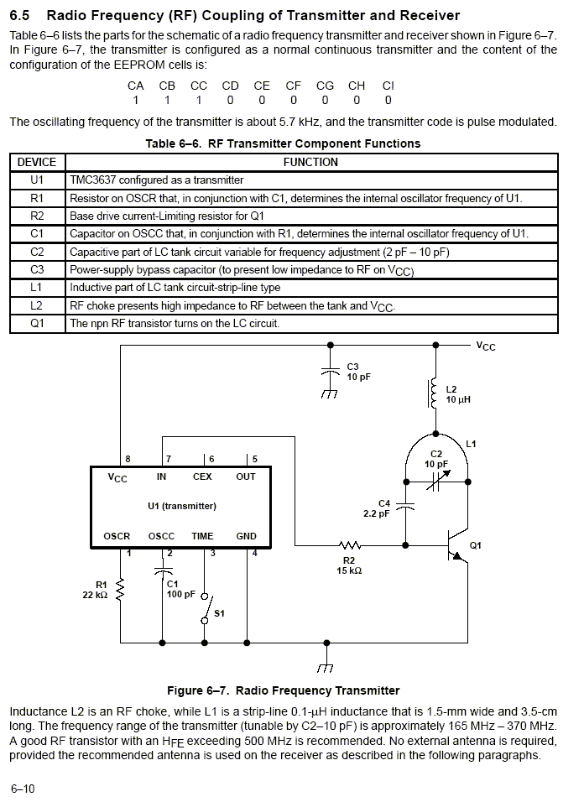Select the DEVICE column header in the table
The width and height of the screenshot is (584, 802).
click(37, 162)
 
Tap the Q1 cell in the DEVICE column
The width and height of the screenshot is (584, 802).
click(37, 323)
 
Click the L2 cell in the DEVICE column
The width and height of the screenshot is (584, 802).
click(37, 305)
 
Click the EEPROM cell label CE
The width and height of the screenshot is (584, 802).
click(262, 86)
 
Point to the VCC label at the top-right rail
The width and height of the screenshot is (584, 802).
click(485, 346)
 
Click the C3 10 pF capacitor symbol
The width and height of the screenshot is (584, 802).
click(330, 372)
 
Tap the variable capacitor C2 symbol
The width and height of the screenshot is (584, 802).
click(435, 480)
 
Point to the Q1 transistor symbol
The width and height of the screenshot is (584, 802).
click(457, 545)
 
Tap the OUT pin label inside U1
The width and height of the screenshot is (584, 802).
click(245, 477)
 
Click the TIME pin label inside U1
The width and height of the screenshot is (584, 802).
click(202, 536)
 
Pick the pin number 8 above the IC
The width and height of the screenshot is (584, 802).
click(128, 459)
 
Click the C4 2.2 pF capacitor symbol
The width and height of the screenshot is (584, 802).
click(406, 507)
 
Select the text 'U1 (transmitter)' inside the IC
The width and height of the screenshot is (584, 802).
click(182, 506)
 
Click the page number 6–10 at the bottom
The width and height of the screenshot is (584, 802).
click(23, 789)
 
